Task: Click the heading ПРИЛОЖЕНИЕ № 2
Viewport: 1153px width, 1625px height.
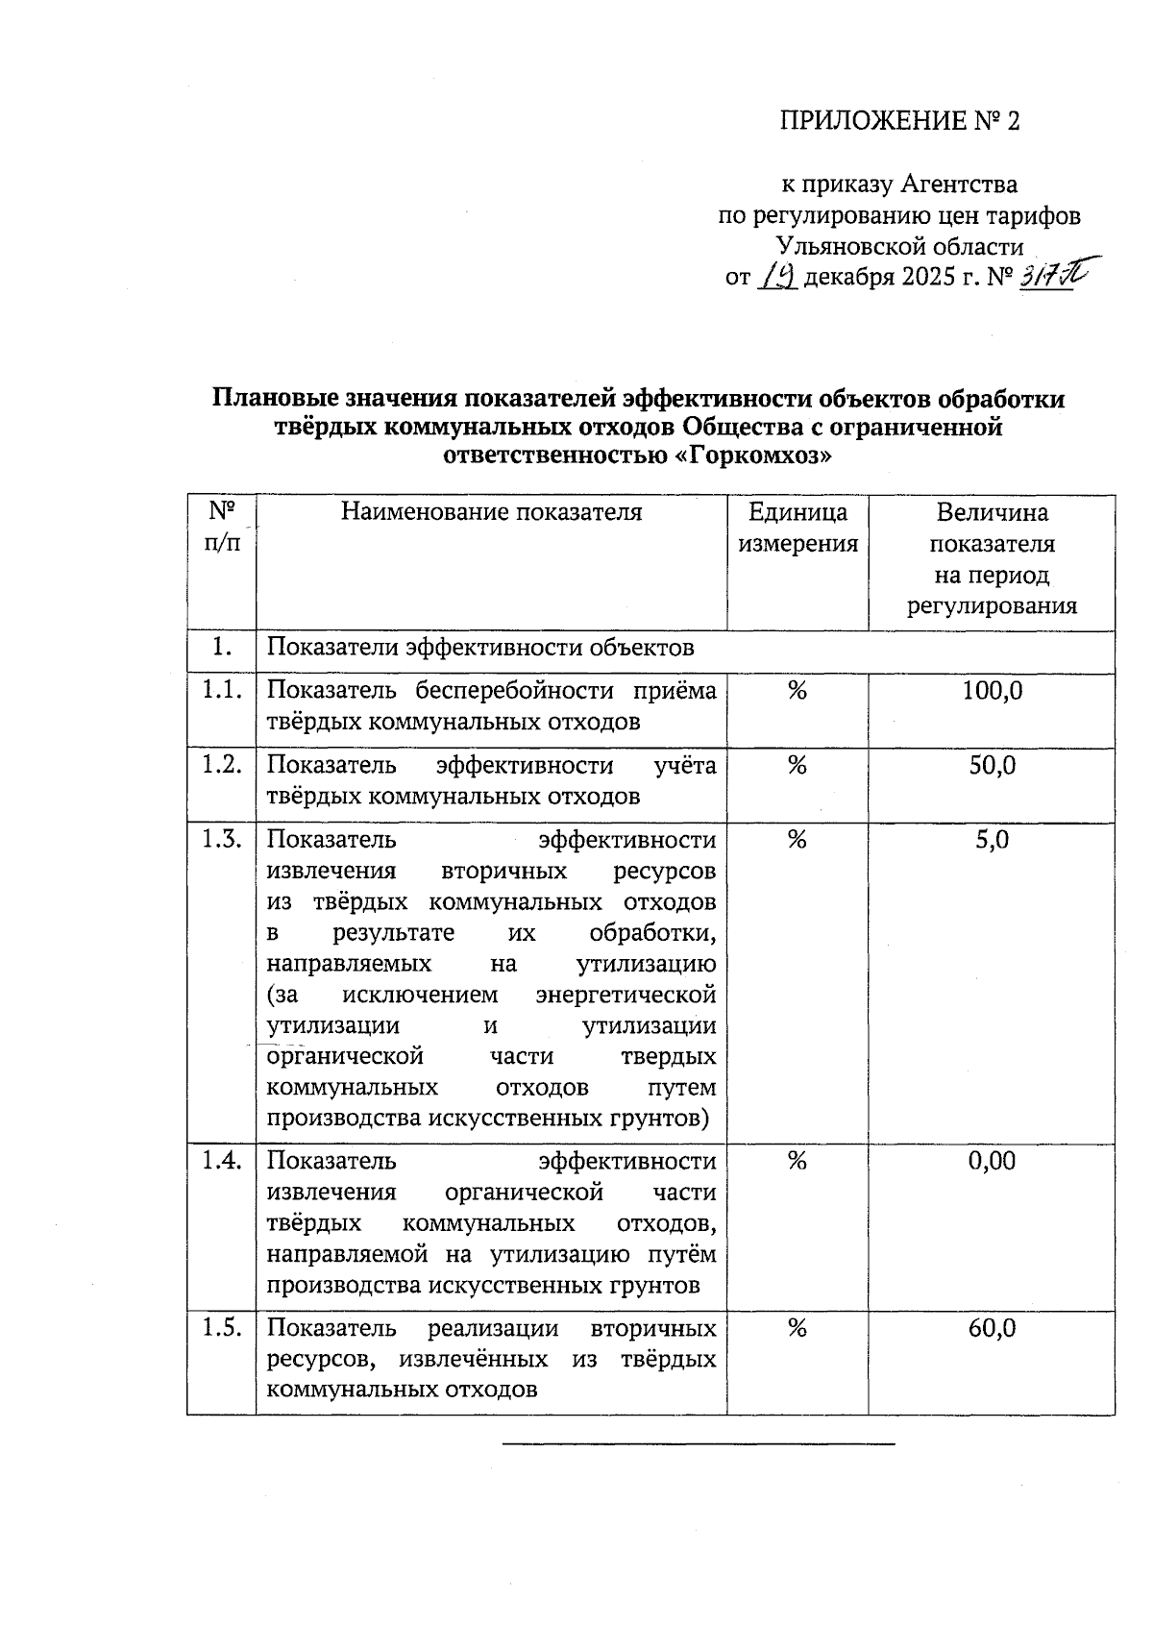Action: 898,121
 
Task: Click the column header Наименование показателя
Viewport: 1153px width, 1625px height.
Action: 491,512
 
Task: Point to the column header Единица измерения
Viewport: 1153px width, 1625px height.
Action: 797,529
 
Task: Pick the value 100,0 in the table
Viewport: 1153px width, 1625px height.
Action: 992,691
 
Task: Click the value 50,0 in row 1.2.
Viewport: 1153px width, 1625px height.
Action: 992,766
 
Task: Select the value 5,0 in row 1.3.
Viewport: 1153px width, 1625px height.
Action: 992,841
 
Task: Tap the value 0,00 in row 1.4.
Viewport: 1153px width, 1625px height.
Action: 992,1162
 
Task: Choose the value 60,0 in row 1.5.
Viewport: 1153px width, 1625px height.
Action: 992,1329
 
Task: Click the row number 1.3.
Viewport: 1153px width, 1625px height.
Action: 221,840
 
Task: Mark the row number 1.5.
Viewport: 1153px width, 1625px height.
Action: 221,1328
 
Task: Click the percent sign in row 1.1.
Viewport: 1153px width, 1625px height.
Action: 797,691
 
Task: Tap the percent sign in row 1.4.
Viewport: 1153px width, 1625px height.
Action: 797,1162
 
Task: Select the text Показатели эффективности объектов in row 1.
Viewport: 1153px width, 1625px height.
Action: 479,649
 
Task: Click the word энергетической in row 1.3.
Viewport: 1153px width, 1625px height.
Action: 626,995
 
